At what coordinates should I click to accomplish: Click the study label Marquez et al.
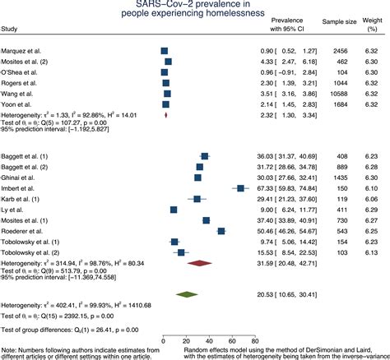click(23, 50)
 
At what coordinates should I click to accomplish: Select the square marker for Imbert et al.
click(239, 188)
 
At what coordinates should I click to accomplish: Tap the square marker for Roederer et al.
click(221, 231)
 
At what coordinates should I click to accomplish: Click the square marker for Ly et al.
click(174, 210)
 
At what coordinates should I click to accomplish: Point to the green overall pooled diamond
click(187, 293)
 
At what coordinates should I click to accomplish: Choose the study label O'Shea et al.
click(21, 72)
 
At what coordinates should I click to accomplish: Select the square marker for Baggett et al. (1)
click(204, 156)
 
